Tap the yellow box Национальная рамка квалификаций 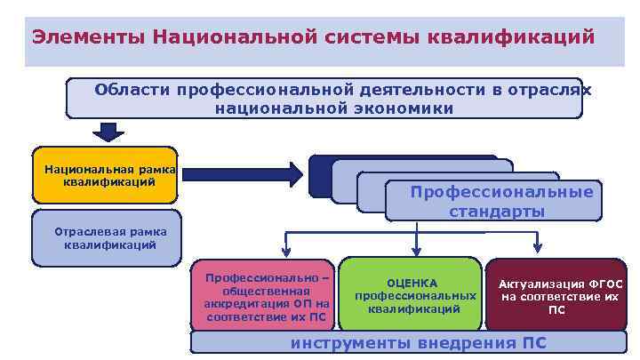tap(106, 176)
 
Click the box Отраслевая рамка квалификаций tap(106, 238)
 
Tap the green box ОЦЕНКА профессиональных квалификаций tap(411, 296)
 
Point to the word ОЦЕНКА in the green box tap(412, 283)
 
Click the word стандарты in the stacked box tap(496, 212)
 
